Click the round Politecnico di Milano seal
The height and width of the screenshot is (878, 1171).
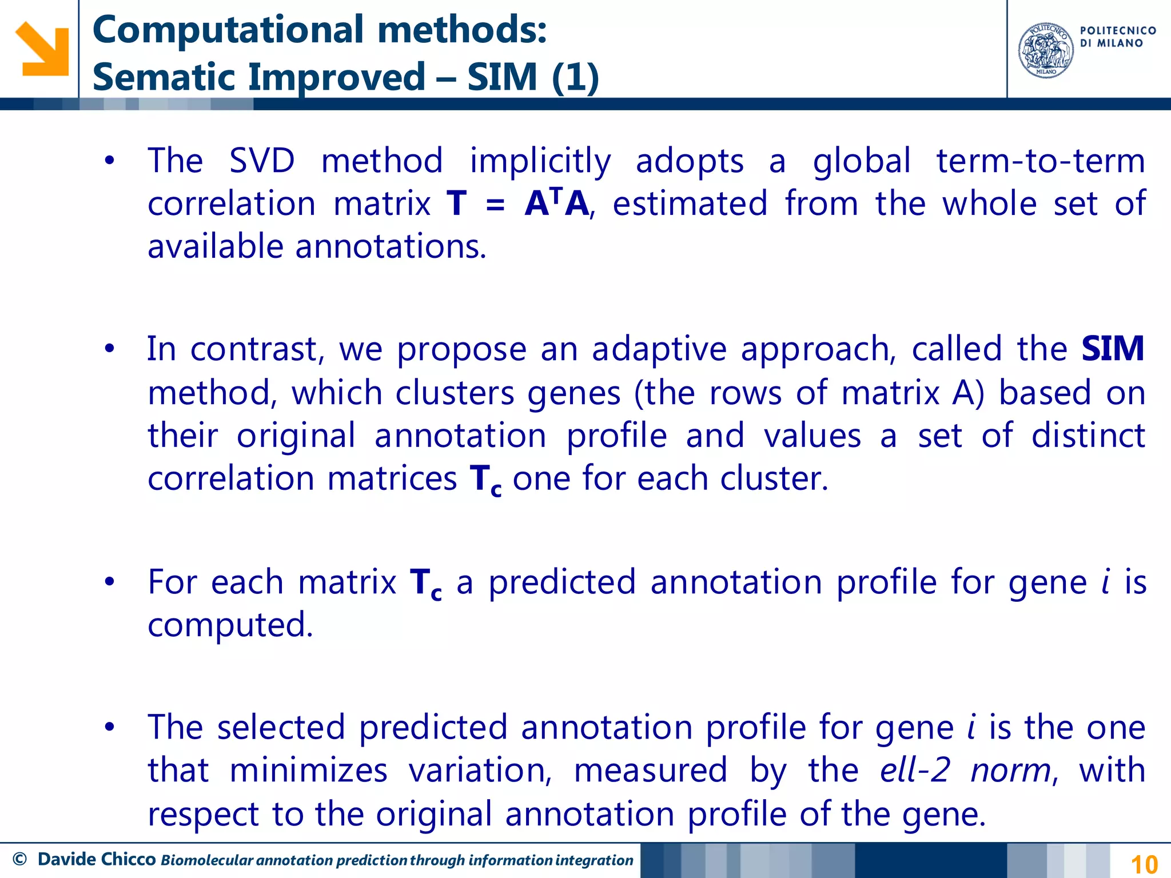point(1046,50)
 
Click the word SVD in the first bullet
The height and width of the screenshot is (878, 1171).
point(262,161)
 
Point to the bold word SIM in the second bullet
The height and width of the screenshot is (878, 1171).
point(1112,349)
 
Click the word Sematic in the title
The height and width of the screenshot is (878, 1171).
point(165,77)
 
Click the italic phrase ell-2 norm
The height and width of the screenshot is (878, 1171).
point(965,770)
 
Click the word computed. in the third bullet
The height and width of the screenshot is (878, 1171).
point(230,624)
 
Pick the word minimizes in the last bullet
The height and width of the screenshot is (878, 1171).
point(308,770)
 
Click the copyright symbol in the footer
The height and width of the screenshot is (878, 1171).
point(19,859)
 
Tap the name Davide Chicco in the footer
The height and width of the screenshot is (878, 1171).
point(97,859)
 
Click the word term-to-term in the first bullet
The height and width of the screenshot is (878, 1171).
point(1041,161)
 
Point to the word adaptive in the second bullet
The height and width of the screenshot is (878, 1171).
point(659,349)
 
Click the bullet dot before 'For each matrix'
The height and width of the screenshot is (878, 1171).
point(110,582)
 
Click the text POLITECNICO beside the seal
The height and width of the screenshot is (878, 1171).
point(1118,31)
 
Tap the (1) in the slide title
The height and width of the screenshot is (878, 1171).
point(575,77)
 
